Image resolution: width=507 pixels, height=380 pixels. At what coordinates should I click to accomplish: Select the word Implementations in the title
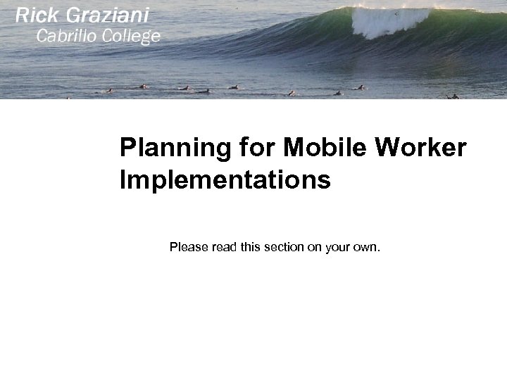pos(225,181)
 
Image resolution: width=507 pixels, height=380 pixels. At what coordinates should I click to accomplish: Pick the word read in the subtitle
pos(224,247)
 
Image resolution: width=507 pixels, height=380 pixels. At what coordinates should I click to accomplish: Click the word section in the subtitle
pos(282,247)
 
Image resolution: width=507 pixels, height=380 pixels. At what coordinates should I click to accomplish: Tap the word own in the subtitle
pos(366,247)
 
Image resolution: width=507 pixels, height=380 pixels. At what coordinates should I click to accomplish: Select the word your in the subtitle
pos(337,247)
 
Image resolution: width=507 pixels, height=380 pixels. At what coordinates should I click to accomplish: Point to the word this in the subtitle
pos(251,247)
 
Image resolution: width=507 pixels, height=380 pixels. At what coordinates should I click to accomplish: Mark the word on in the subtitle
pos(314,247)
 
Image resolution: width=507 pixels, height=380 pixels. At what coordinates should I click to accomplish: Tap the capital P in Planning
pos(127,148)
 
